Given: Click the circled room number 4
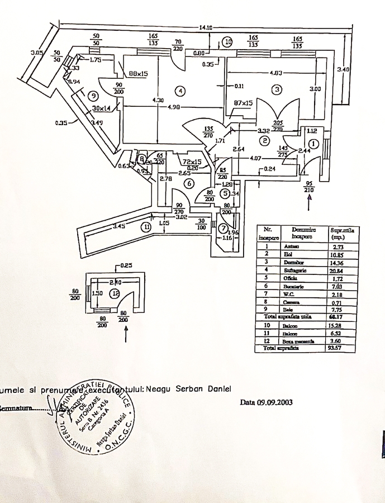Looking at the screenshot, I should pyautogui.click(x=178, y=91).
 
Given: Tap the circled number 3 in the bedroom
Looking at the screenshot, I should pyautogui.click(x=275, y=89).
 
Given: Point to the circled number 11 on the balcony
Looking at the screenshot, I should pyautogui.click(x=146, y=227).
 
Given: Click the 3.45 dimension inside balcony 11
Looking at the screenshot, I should pyautogui.click(x=118, y=226).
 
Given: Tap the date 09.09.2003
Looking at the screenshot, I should pyautogui.click(x=267, y=402).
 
